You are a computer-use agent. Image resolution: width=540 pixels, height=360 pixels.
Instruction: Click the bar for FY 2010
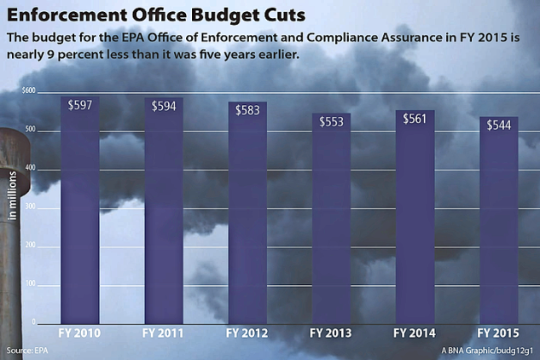(x=80, y=213)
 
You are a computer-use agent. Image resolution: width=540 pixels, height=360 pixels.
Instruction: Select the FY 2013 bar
(x=331, y=222)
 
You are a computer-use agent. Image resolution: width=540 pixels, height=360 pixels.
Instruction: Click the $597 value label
(x=80, y=105)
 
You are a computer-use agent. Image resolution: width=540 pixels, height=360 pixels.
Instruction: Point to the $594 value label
(x=164, y=106)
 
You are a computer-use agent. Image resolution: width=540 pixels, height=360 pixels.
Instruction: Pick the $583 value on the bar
(x=247, y=110)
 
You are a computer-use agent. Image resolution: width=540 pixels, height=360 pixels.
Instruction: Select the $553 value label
(x=331, y=122)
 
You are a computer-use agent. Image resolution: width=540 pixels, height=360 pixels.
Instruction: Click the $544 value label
(x=498, y=125)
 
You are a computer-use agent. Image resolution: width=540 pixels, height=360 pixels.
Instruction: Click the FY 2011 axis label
(x=165, y=333)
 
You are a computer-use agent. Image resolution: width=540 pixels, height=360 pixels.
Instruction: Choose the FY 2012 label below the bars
(x=248, y=333)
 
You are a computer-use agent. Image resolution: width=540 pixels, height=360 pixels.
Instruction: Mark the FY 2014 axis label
(x=415, y=333)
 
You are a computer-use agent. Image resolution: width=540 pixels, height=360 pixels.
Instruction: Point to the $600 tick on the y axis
(x=29, y=90)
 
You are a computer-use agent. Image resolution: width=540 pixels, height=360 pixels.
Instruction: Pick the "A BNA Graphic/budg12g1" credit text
(x=487, y=351)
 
